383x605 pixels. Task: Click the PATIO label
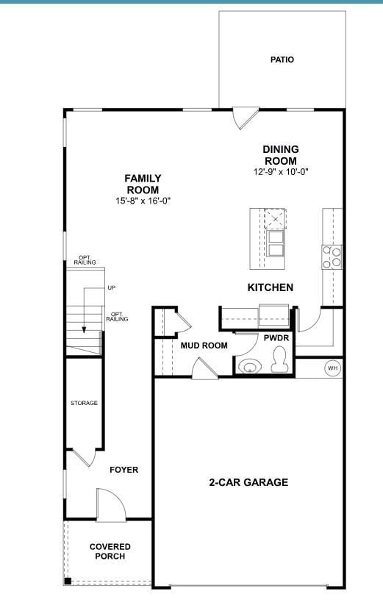coord(282,60)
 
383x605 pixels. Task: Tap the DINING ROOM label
coord(281,155)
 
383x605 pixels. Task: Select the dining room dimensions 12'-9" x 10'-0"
coord(281,172)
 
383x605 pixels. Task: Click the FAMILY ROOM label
coord(143,184)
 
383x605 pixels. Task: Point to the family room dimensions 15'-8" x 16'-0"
coord(143,201)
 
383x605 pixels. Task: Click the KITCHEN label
coord(270,287)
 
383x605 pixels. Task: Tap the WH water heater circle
coord(332,368)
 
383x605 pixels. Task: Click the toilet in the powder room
coord(280,360)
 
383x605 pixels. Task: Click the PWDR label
coord(276,338)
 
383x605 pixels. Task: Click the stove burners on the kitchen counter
coord(332,256)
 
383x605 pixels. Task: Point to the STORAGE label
coord(84,403)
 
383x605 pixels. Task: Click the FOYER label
coord(124,470)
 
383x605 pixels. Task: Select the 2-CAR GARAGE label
coord(248,482)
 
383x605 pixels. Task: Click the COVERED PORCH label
coord(110,551)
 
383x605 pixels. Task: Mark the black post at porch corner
coord(68,582)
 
